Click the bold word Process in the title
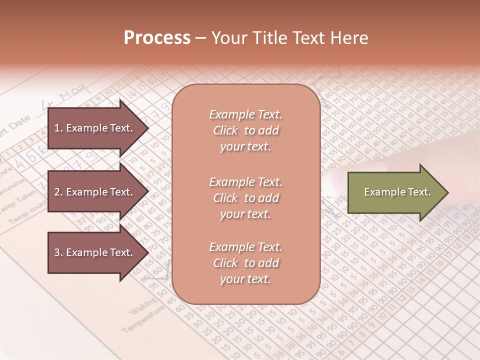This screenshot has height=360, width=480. pyautogui.click(x=157, y=38)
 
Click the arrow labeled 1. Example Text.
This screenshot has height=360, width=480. pyautogui.click(x=95, y=128)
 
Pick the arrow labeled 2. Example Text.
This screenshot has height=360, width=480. pyautogui.click(x=95, y=192)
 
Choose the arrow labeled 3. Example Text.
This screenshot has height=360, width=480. pyautogui.click(x=95, y=252)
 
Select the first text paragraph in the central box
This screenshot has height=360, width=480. pyautogui.click(x=245, y=130)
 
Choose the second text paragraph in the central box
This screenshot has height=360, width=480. pyautogui.click(x=245, y=197)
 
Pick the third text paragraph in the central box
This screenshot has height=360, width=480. pyautogui.click(x=245, y=262)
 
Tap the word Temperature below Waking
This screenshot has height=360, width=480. pyautogui.click(x=142, y=320)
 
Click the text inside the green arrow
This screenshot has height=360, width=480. pyautogui.click(x=397, y=192)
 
